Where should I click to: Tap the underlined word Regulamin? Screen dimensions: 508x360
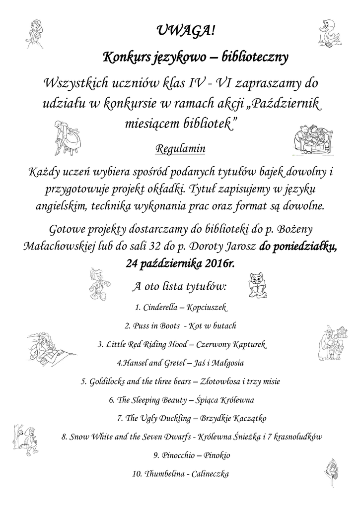coord(180,148)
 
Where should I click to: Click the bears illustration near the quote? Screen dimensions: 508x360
coord(311,138)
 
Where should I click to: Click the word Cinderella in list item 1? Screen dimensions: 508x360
coord(160,308)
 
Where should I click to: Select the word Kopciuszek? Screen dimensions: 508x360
coord(207,308)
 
